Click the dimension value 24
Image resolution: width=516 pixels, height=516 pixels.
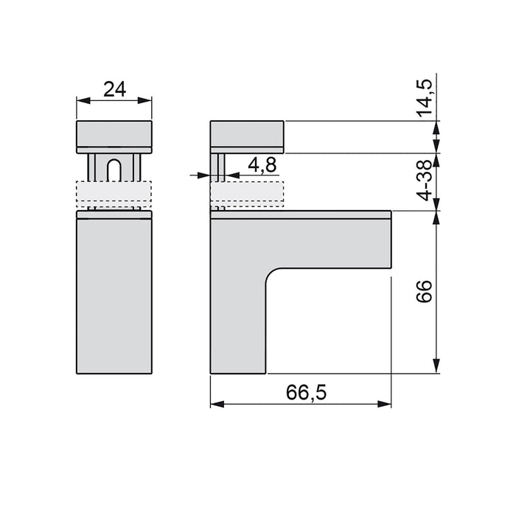114,89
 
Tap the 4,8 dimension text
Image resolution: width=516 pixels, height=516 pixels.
262,165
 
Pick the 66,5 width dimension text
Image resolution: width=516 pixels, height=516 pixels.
302,393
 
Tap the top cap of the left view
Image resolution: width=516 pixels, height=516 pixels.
114,135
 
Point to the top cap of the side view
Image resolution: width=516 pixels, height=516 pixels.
247,136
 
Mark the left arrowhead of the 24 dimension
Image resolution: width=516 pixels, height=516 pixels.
80,102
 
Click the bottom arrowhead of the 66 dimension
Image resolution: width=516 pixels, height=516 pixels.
439,369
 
